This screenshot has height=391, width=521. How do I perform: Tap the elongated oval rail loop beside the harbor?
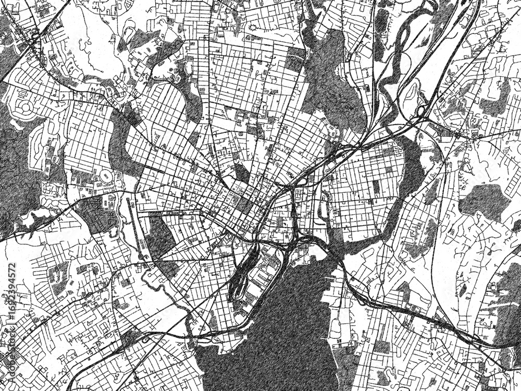coord(241,274)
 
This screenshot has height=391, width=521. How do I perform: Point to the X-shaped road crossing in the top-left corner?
coord(34,39)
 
